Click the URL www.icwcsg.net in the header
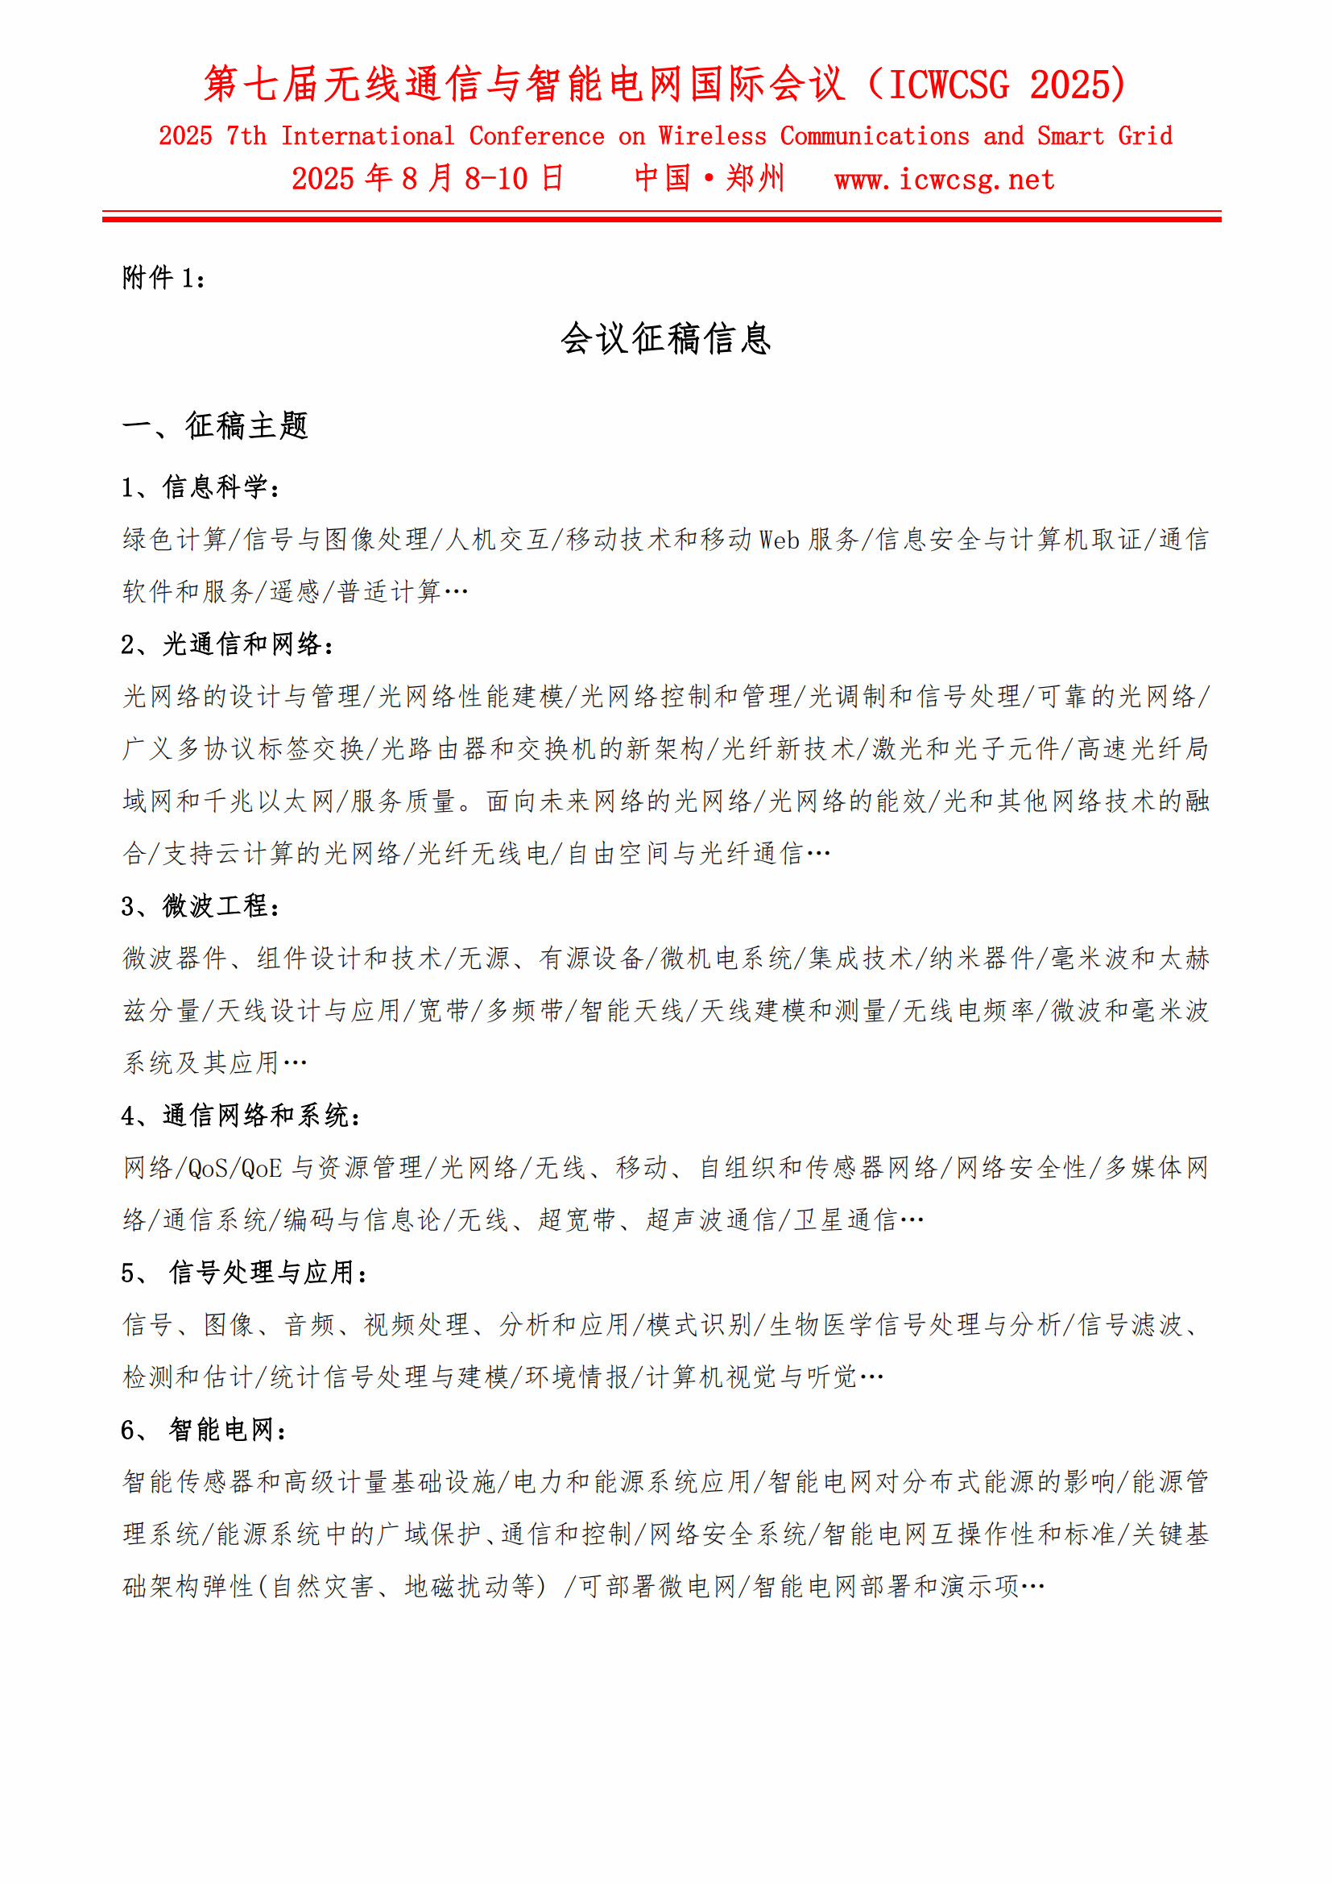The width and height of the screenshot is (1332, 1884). (x=943, y=179)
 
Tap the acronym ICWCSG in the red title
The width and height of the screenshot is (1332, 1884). (x=949, y=85)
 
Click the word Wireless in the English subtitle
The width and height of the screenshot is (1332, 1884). (x=712, y=135)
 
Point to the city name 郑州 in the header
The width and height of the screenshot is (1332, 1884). (x=755, y=178)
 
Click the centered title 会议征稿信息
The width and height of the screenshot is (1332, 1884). (x=665, y=339)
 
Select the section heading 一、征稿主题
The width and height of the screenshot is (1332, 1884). (x=215, y=426)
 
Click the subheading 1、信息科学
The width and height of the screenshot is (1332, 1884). (x=201, y=487)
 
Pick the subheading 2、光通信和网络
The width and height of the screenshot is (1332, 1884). (x=227, y=644)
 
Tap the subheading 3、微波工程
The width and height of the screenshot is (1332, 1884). (x=201, y=906)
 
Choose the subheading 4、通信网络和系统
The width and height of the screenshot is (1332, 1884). (x=240, y=1115)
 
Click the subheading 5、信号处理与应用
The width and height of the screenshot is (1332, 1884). (x=245, y=1273)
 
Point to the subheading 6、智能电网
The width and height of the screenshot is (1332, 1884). (x=205, y=1430)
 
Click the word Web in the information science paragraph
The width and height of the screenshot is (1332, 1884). (x=779, y=539)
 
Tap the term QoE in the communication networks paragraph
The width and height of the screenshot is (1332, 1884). (x=262, y=1168)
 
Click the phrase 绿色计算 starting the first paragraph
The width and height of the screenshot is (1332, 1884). (x=175, y=539)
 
